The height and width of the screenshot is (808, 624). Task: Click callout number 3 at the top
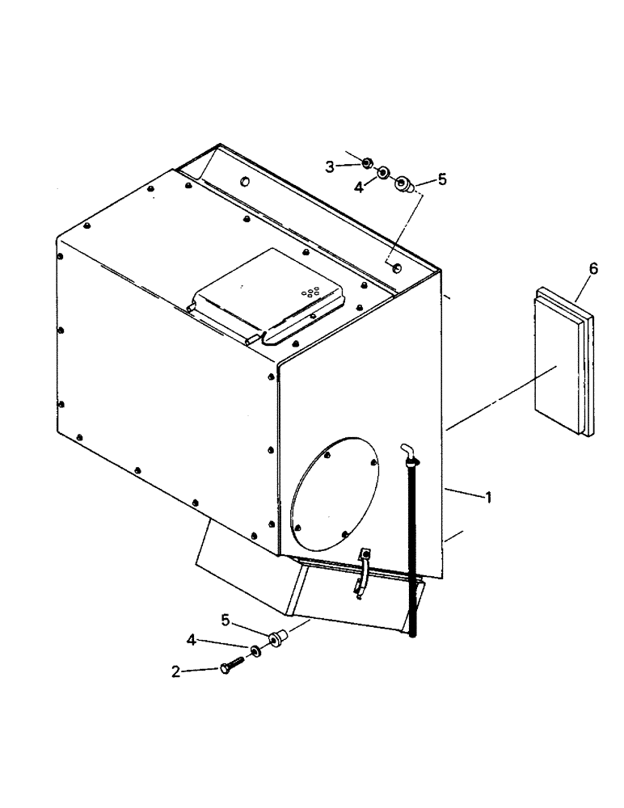click(330, 167)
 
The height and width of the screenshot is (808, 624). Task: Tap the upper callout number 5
click(441, 180)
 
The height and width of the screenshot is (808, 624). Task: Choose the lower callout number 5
click(226, 621)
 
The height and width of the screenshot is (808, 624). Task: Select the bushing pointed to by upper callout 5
click(404, 187)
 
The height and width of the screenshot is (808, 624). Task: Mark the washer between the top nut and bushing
click(383, 174)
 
